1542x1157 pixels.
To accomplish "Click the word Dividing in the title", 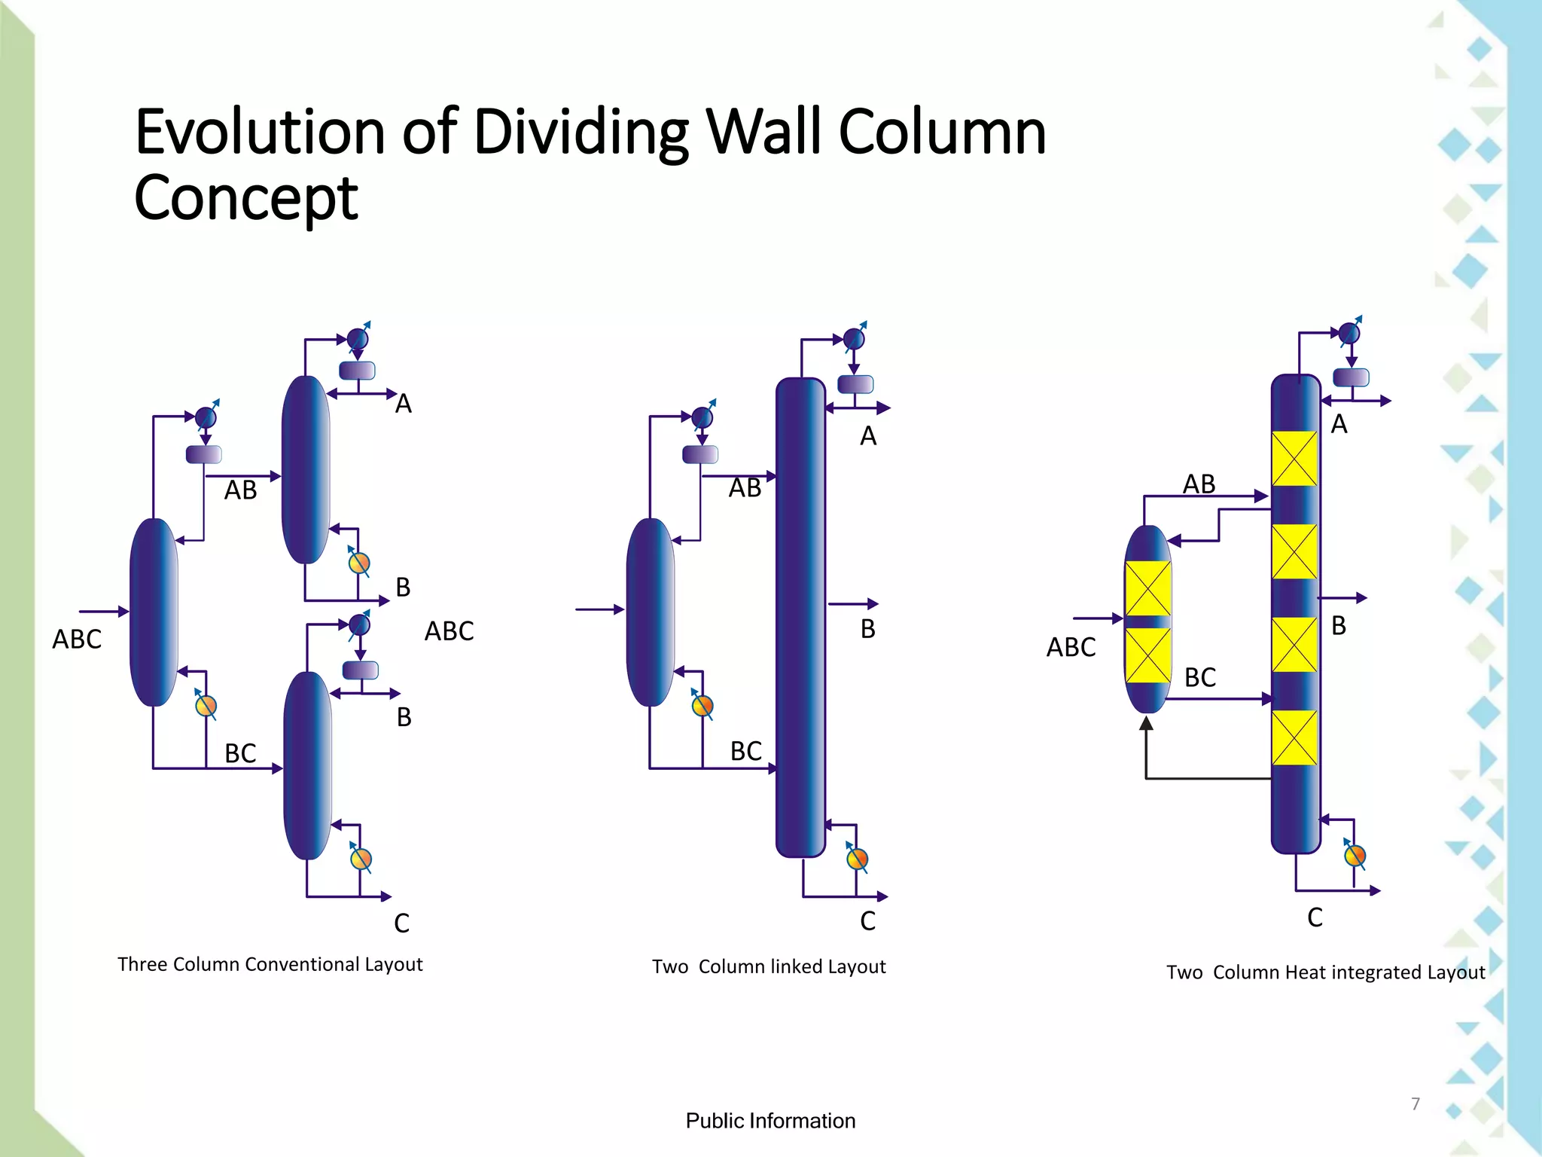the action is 581,133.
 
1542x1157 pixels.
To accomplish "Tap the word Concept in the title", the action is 245,198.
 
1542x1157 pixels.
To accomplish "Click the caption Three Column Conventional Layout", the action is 270,965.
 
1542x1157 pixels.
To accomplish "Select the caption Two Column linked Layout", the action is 769,966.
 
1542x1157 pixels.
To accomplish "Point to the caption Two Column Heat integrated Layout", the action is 1326,972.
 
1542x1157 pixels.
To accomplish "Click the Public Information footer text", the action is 770,1121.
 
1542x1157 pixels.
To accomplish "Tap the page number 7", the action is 1416,1104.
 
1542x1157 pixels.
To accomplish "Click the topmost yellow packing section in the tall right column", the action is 1294,459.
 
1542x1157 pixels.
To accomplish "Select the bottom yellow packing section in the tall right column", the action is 1294,737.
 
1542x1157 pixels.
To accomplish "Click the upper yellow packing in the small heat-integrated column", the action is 1147,588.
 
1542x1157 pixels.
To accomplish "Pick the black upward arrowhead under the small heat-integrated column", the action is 1146,723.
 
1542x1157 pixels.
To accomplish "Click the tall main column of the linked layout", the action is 800,617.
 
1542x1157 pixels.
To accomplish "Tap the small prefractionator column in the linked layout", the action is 651,612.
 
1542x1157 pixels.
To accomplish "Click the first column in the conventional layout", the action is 154,612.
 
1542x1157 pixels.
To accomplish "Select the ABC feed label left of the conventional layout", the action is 77,640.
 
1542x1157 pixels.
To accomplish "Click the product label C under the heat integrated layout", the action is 1315,917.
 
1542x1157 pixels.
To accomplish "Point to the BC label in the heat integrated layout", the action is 1200,678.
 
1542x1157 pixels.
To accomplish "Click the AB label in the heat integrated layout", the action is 1199,484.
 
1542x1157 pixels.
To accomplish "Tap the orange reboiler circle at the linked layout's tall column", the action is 857,859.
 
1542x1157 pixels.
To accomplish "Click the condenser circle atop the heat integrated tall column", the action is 1348,332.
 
